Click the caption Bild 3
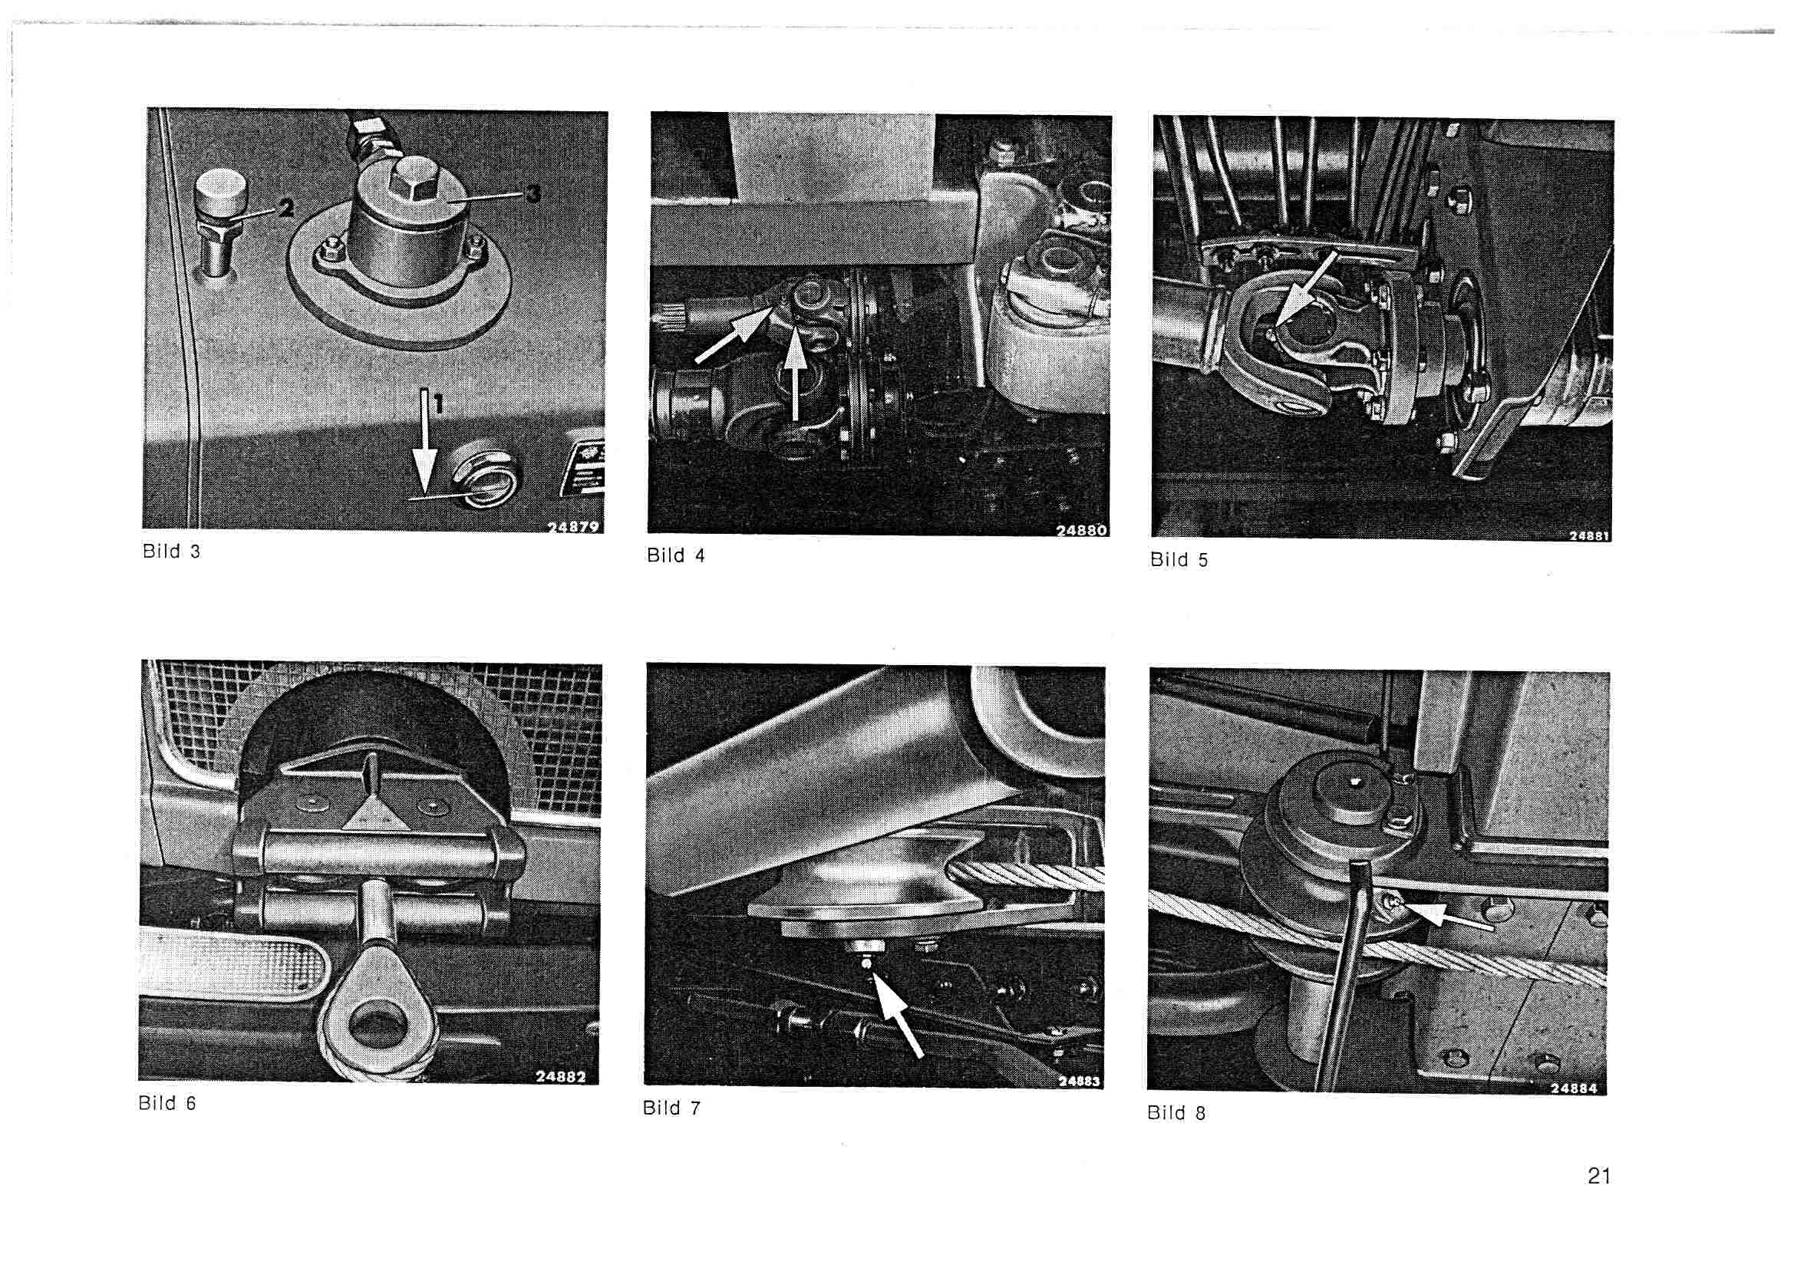(171, 552)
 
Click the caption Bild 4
(676, 555)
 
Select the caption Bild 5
(1179, 559)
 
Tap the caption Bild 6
(167, 1103)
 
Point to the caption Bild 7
(671, 1108)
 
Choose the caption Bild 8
(1176, 1113)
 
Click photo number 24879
(573, 526)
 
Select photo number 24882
(560, 1076)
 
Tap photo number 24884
(1574, 1089)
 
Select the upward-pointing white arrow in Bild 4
(795, 375)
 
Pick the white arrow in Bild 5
(1305, 290)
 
